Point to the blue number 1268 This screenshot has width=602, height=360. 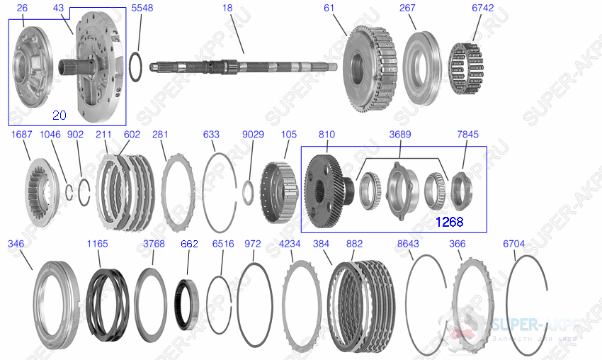coord(449,222)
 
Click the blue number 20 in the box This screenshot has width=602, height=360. coord(61,115)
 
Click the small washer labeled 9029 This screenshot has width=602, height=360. coord(249,190)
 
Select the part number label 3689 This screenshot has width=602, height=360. coord(399,134)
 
